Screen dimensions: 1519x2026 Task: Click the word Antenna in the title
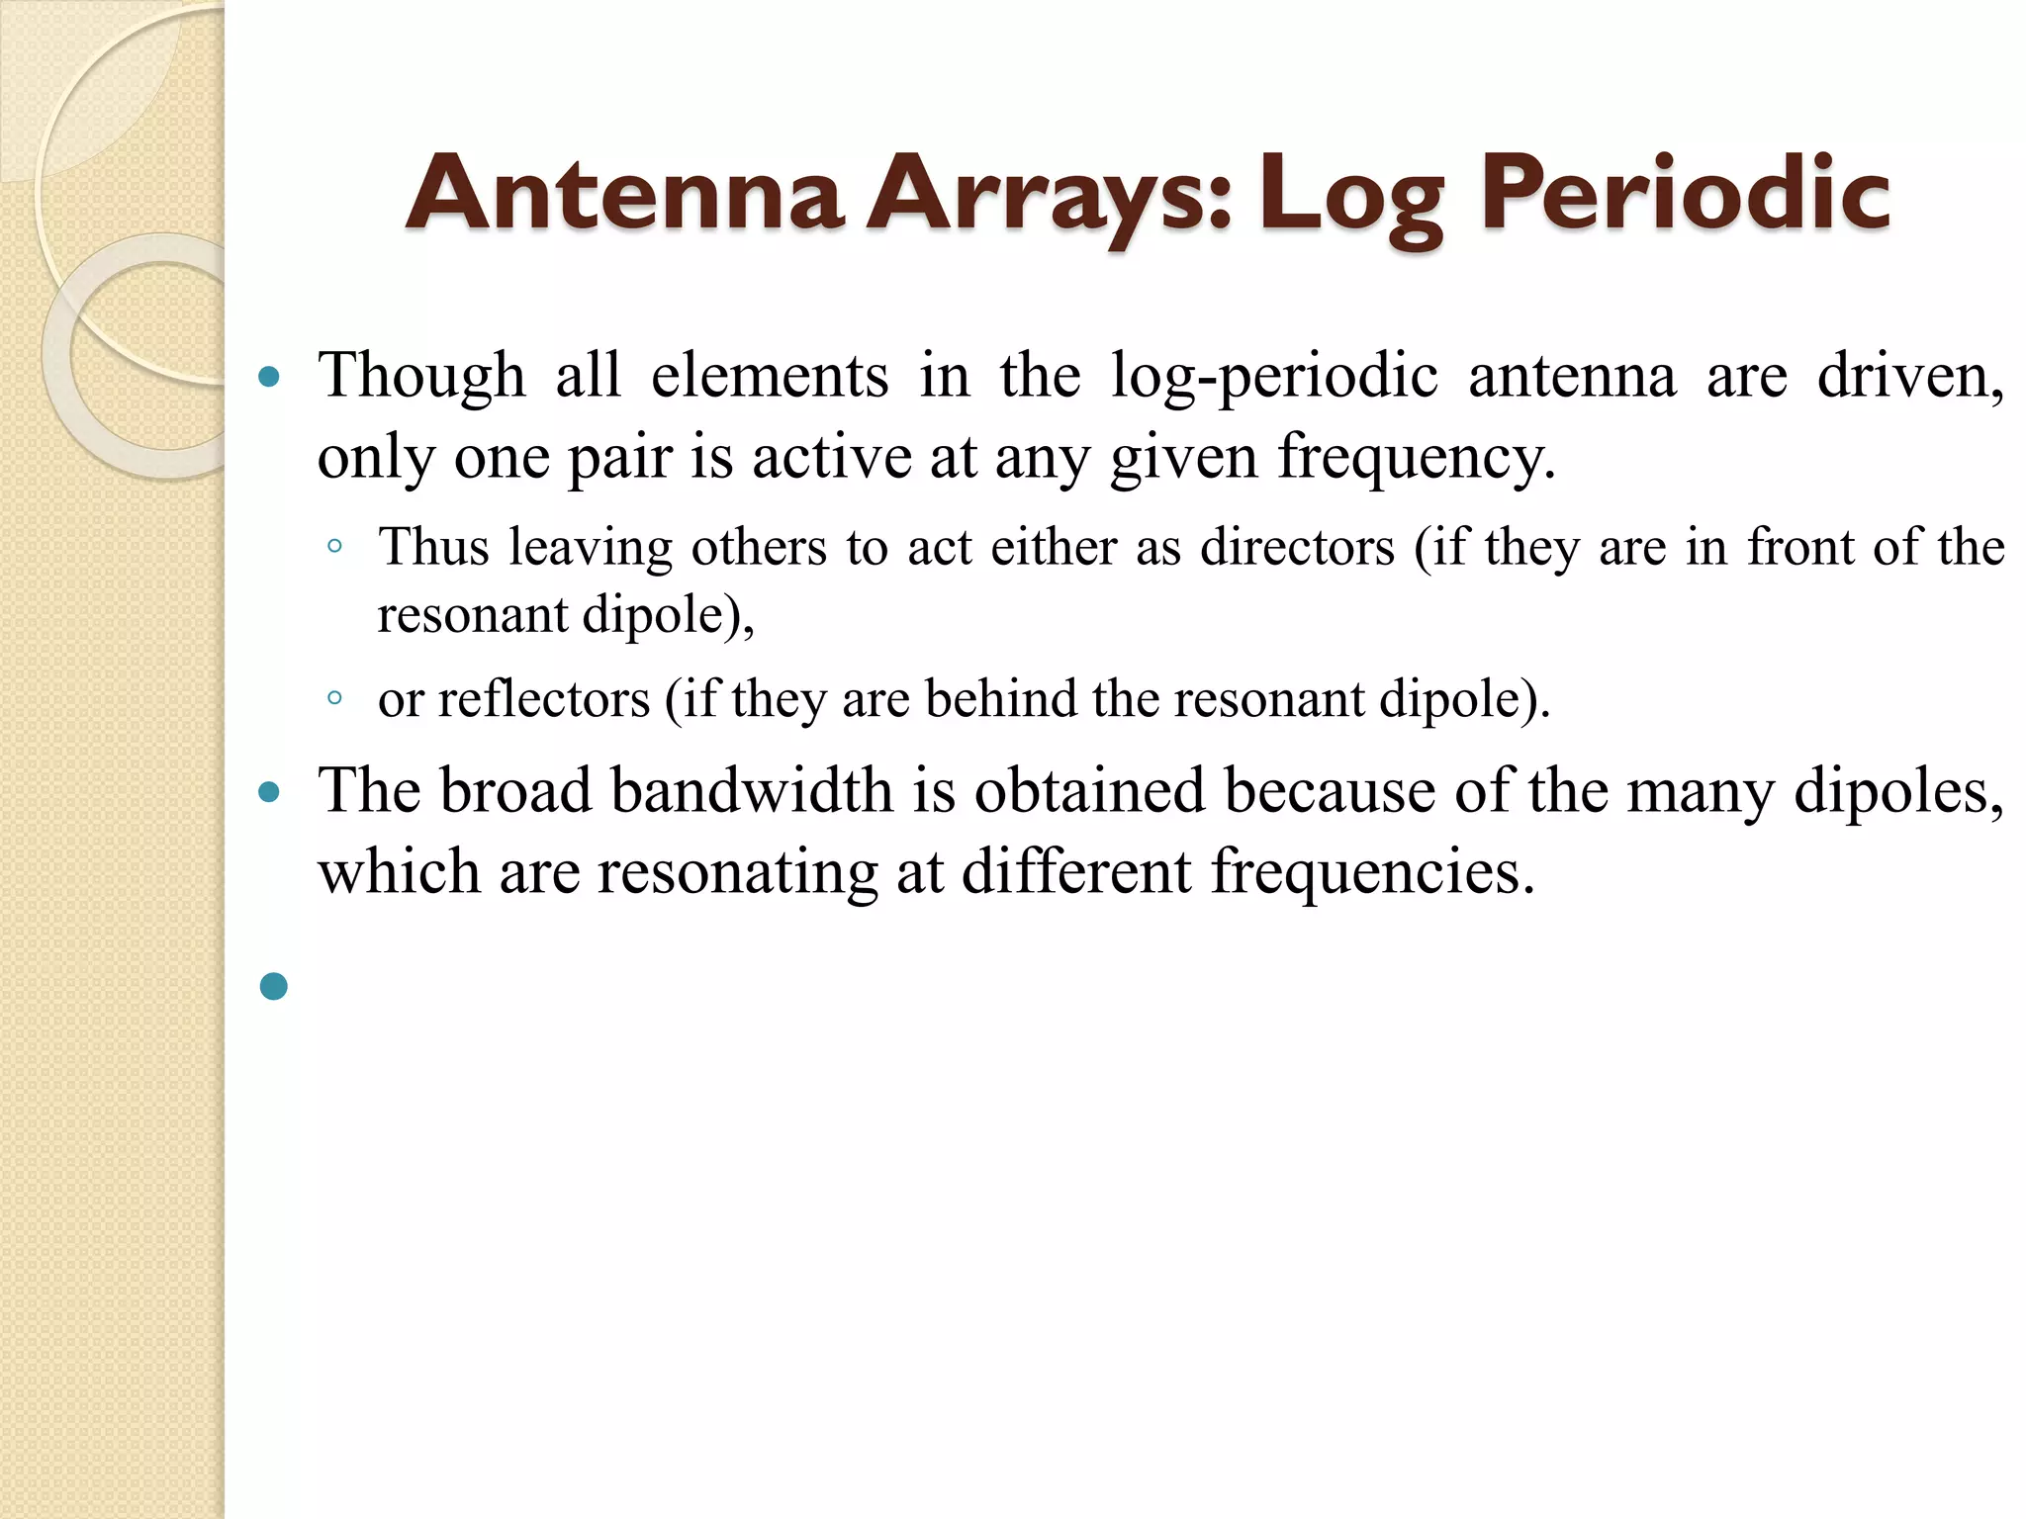[x=625, y=194]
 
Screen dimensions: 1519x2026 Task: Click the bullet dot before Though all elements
[x=269, y=377]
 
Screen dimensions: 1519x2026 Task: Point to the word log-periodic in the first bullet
[x=1273, y=377]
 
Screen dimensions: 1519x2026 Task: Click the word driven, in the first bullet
[x=1910, y=377]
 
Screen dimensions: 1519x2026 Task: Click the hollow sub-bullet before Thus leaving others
[x=335, y=547]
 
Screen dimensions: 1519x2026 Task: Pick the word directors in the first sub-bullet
[x=1297, y=547]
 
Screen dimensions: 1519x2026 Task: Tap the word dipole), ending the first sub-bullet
[x=668, y=615]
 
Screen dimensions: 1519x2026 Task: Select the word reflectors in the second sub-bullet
[x=543, y=699]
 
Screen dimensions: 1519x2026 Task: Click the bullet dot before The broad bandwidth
[x=269, y=792]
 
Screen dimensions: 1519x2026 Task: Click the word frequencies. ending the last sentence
[x=1372, y=872]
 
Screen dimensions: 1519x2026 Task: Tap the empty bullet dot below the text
[x=274, y=986]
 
